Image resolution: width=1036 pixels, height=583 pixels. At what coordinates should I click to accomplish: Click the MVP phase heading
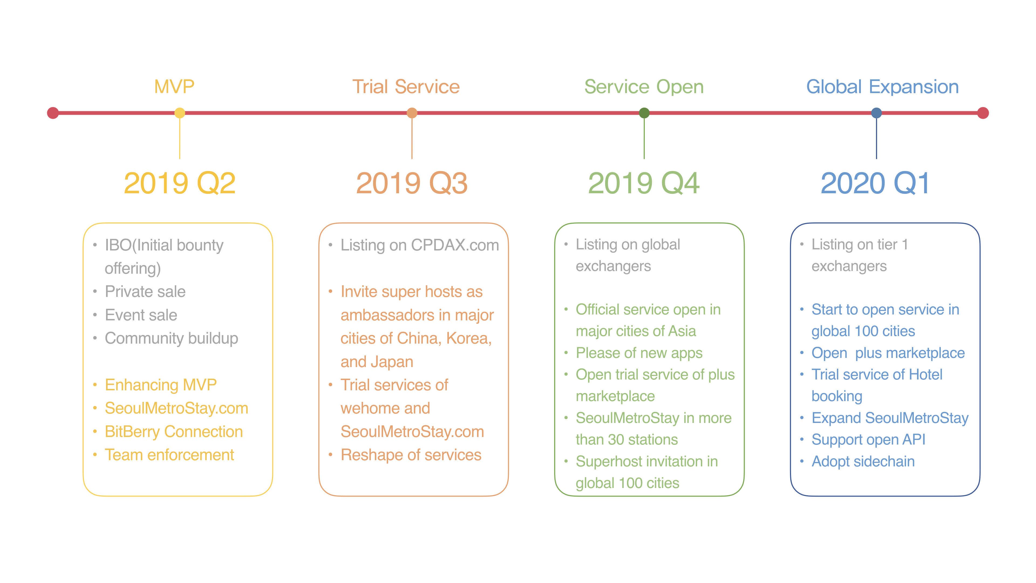(174, 86)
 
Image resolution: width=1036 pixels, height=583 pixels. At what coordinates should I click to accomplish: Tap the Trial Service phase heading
(406, 86)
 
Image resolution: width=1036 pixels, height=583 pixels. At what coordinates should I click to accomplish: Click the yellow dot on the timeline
(180, 113)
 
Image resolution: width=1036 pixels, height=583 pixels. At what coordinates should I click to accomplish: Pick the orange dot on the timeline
(412, 113)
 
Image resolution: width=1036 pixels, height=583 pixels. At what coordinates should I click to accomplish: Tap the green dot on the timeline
(644, 113)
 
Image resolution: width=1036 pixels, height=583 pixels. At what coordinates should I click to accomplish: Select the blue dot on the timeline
(876, 113)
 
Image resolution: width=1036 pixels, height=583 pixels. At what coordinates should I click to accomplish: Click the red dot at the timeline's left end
(53, 113)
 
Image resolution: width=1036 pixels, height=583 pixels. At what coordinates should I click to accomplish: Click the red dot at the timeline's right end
(983, 113)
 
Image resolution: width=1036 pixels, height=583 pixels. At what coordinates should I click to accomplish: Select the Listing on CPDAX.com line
(420, 245)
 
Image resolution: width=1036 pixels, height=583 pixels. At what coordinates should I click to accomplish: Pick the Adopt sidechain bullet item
(863, 462)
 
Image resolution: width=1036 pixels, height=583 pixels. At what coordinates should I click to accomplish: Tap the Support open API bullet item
(868, 440)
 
